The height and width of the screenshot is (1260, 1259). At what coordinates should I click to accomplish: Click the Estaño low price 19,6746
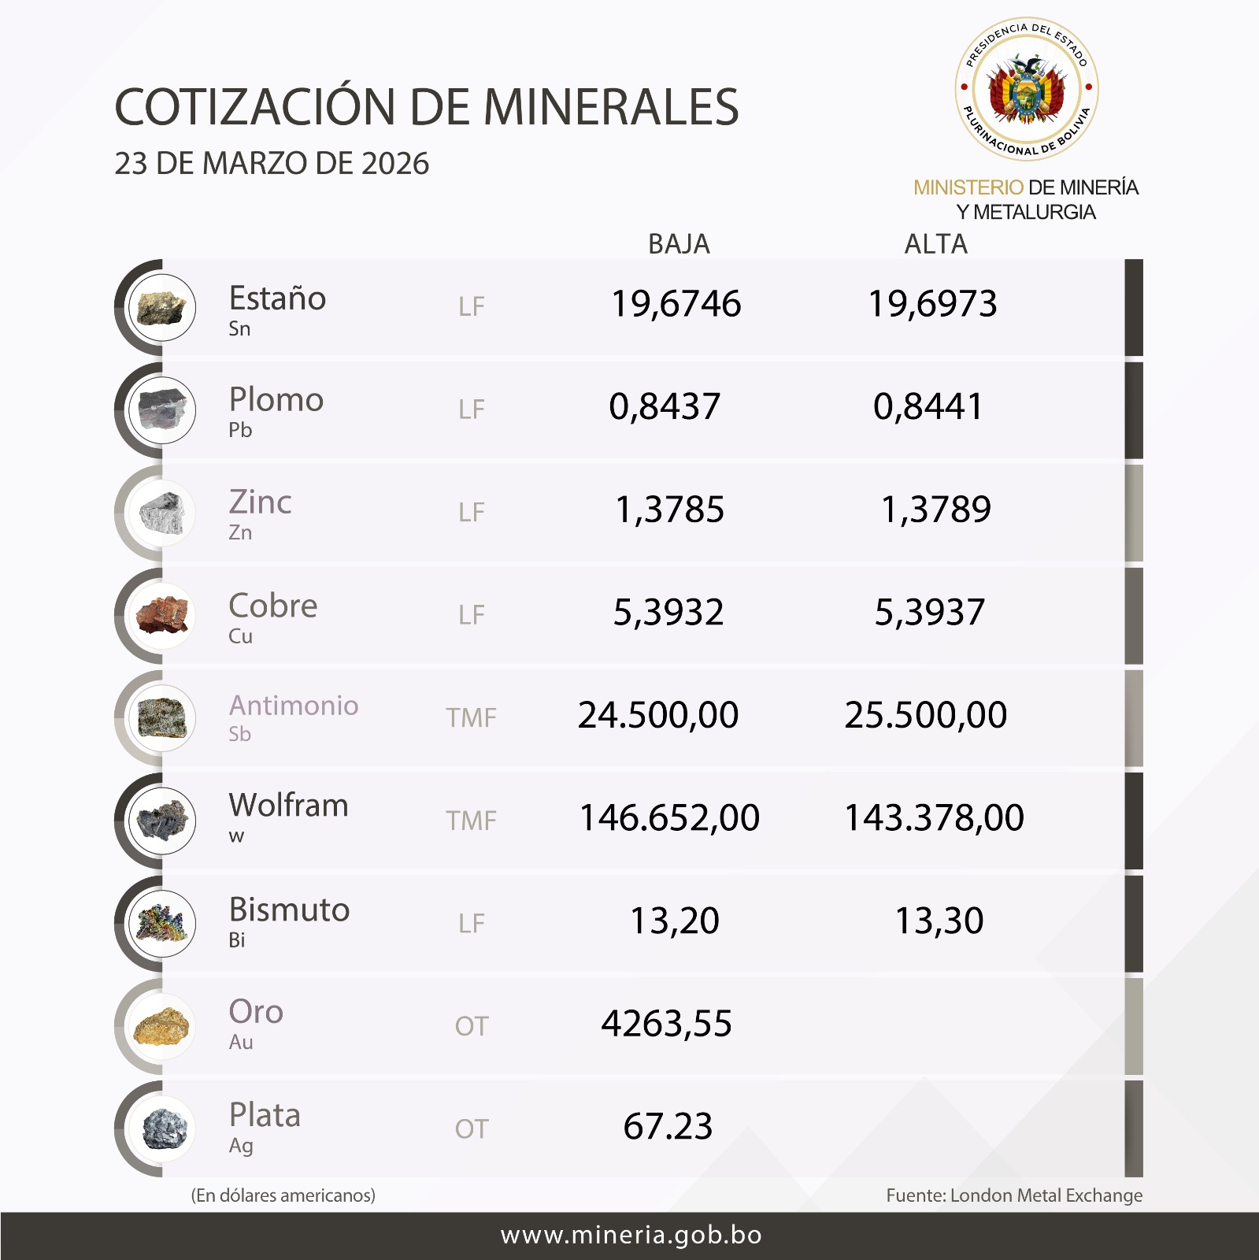click(x=676, y=304)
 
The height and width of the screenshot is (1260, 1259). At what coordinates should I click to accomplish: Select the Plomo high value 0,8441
click(x=928, y=406)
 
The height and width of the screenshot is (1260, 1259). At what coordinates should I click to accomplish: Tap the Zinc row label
click(x=260, y=502)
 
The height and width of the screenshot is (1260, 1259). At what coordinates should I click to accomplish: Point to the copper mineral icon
click(x=162, y=614)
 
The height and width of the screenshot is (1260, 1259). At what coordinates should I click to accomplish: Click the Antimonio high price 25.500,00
click(x=925, y=715)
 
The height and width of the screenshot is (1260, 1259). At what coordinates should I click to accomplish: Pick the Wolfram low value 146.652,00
click(x=669, y=817)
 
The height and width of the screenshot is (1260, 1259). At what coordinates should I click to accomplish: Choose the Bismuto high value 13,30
click(x=939, y=921)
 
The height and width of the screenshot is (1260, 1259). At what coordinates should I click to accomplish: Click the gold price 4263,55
click(x=666, y=1024)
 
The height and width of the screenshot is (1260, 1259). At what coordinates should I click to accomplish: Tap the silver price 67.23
click(x=668, y=1126)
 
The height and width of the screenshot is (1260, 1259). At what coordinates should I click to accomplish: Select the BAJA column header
click(x=679, y=244)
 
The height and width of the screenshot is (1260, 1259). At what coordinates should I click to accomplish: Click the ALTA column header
click(x=935, y=244)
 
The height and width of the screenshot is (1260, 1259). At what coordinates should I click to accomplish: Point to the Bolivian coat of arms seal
click(x=1027, y=89)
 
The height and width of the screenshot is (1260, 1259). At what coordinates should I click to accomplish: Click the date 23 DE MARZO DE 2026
click(x=272, y=164)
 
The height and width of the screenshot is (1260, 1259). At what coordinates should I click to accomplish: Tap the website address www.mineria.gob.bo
click(x=631, y=1235)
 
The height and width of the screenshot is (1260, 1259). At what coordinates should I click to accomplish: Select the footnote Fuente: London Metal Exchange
click(x=1014, y=1195)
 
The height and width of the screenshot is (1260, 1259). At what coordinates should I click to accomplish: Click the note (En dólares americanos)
click(x=283, y=1195)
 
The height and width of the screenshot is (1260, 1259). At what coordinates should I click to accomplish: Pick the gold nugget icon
click(x=162, y=1025)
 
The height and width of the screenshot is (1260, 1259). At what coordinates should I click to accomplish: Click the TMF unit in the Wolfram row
click(x=471, y=821)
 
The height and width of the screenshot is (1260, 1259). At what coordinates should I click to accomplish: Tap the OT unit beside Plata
click(x=471, y=1129)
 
